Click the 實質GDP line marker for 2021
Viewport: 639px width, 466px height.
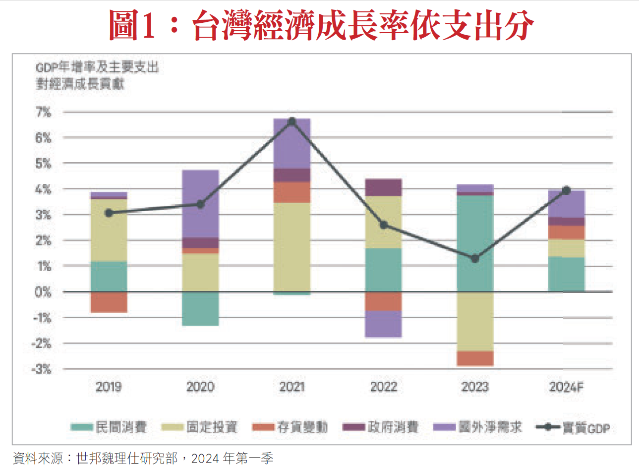pos(292,121)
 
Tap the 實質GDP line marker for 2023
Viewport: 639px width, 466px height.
pos(475,259)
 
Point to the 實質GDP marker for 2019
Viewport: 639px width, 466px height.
pos(109,213)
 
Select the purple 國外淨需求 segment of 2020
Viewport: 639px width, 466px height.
pos(200,203)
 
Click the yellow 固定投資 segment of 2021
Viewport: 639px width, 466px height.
pos(292,247)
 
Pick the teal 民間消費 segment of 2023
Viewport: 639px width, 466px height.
pos(475,243)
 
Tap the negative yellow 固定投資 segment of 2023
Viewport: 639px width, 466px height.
pos(475,321)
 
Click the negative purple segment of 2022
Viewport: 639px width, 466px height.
pos(383,324)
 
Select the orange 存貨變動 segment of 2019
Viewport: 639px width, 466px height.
pos(109,302)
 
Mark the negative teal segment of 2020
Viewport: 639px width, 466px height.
pos(200,308)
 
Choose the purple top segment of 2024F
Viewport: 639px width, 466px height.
pos(566,204)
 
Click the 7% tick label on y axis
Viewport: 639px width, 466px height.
pos(43,113)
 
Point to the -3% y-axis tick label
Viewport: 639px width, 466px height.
pos(42,369)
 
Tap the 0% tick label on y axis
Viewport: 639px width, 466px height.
pos(43,292)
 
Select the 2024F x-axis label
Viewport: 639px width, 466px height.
pos(566,387)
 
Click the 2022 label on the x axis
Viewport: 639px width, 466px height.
pos(383,387)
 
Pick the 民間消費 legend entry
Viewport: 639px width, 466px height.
pos(109,427)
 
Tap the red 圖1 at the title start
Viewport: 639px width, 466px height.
pos(132,25)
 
